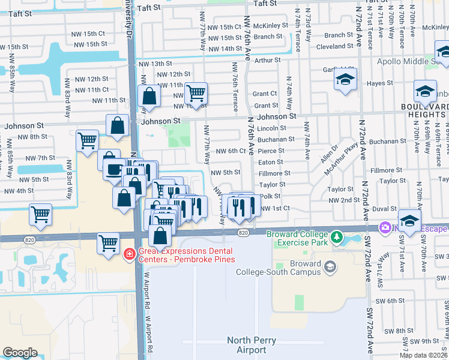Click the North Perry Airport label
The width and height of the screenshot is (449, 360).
coord(246,345)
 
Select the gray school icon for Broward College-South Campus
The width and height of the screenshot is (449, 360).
coord(329,266)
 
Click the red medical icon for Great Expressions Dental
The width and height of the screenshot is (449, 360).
coord(128,255)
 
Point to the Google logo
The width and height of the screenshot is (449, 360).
coord(20,353)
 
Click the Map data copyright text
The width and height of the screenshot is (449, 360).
coord(423,355)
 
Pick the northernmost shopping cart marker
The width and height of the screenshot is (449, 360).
coord(196,93)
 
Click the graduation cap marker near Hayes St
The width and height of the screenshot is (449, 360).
coord(345,80)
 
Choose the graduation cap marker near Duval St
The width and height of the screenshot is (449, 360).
coord(409,220)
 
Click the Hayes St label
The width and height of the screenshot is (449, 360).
coord(379,84)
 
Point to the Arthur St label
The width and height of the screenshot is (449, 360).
coord(267,60)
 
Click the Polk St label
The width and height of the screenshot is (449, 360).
coord(271,196)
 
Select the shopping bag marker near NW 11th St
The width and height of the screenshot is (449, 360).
coord(148,95)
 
